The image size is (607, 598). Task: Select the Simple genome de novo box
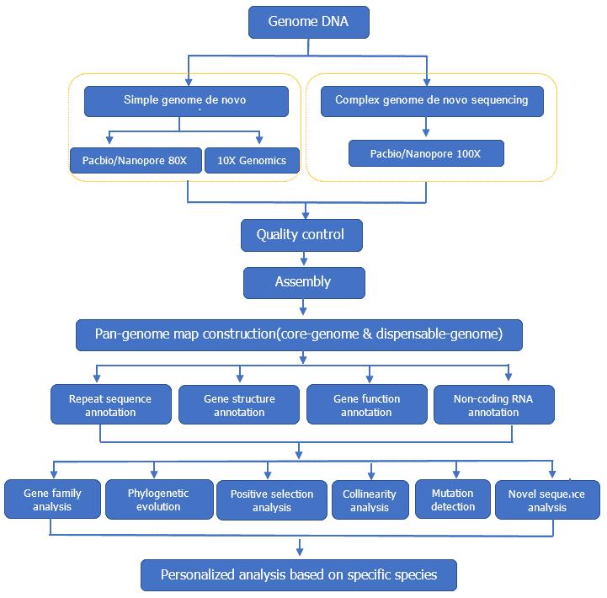(x=187, y=101)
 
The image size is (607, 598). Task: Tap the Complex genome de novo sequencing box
(x=431, y=100)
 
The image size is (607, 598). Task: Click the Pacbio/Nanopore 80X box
(x=136, y=160)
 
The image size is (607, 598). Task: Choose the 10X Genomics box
(x=252, y=160)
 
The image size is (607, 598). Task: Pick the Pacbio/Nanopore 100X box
(x=426, y=154)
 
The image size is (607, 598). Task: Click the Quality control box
(x=301, y=235)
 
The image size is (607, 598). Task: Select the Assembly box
(x=304, y=282)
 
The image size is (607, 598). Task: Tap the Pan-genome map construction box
(x=300, y=334)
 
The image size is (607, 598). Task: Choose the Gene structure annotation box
(x=239, y=405)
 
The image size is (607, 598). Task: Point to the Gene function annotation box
(x=366, y=405)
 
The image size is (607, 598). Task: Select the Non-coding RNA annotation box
(x=493, y=405)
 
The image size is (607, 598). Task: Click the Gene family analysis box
(x=52, y=499)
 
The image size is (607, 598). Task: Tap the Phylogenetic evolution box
(x=158, y=499)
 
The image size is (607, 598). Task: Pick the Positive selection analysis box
(x=271, y=500)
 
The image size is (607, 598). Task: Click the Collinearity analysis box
(x=370, y=500)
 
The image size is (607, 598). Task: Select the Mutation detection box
(x=452, y=499)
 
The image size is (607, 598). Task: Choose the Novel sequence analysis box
(x=547, y=500)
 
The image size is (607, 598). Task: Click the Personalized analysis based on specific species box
(x=299, y=575)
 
